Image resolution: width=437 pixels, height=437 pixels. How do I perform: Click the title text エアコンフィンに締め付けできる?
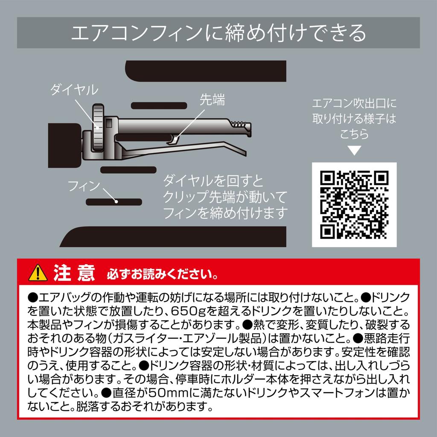(x=218, y=33)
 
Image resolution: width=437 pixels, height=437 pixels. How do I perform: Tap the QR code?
(x=354, y=204)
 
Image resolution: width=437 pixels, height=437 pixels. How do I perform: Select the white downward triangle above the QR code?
(x=354, y=151)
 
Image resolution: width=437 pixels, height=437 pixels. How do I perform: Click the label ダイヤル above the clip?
(x=74, y=90)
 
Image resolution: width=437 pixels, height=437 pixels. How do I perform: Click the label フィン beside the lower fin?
(x=84, y=186)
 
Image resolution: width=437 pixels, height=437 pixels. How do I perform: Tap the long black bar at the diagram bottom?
(x=175, y=236)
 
